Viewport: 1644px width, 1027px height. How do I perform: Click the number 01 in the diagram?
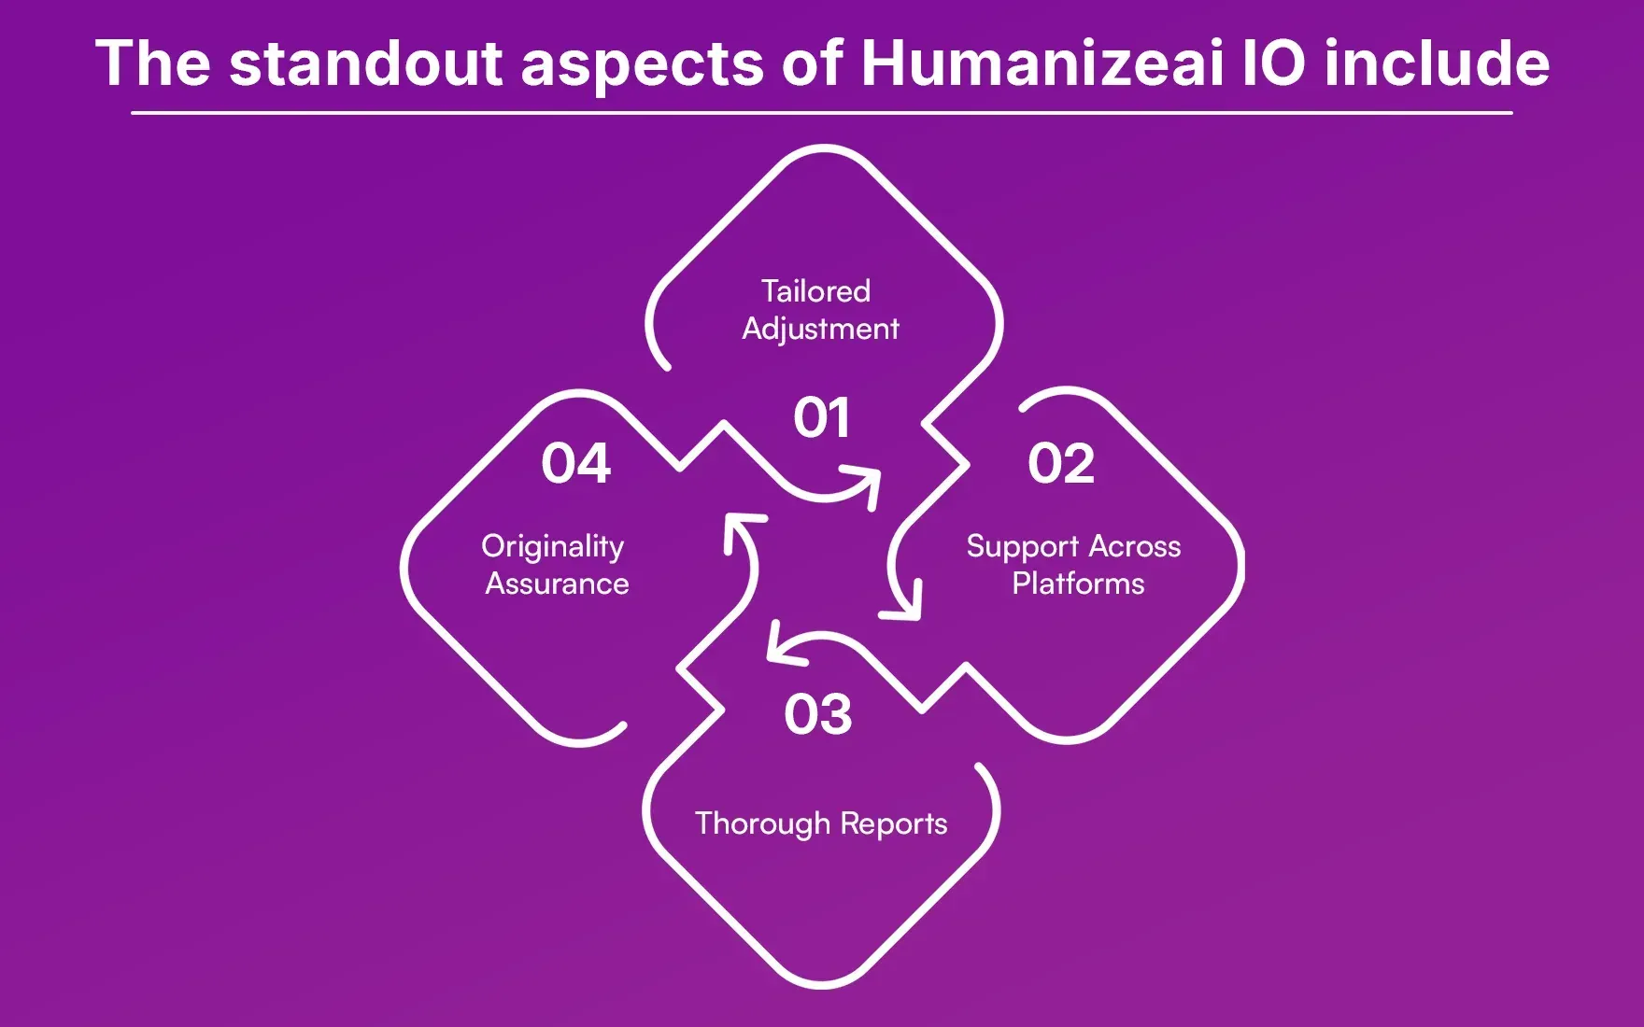click(x=821, y=417)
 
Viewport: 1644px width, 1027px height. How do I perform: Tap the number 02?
click(x=1060, y=463)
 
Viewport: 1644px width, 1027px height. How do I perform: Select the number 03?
click(x=817, y=714)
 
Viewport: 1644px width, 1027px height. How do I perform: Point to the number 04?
click(x=575, y=463)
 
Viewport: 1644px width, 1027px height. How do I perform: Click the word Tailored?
click(x=815, y=291)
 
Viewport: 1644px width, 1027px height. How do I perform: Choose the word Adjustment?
click(x=820, y=329)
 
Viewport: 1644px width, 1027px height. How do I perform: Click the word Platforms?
click(x=1078, y=584)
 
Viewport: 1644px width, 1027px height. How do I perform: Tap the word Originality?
click(x=552, y=546)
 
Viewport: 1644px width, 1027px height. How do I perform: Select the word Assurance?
click(x=557, y=584)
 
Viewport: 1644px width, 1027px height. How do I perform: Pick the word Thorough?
click(x=762, y=823)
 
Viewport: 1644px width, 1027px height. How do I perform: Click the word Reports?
click(x=893, y=823)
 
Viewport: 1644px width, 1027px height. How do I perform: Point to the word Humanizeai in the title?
click(x=1041, y=63)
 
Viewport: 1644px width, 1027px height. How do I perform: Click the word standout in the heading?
click(x=366, y=63)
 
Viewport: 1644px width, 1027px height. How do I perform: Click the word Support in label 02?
click(x=1022, y=546)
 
